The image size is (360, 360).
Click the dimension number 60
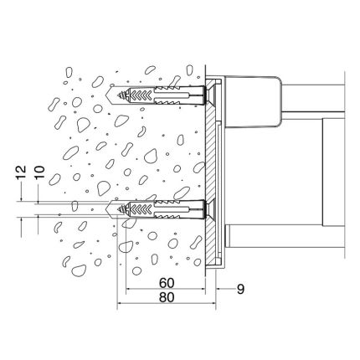167,283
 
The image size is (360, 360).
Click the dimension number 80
167,297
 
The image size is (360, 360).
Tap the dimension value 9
240,289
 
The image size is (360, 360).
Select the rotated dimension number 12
21,172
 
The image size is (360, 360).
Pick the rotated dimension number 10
39,172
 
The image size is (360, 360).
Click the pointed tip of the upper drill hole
106,95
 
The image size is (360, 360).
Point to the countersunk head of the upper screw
210,95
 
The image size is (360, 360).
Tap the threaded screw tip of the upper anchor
121,95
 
